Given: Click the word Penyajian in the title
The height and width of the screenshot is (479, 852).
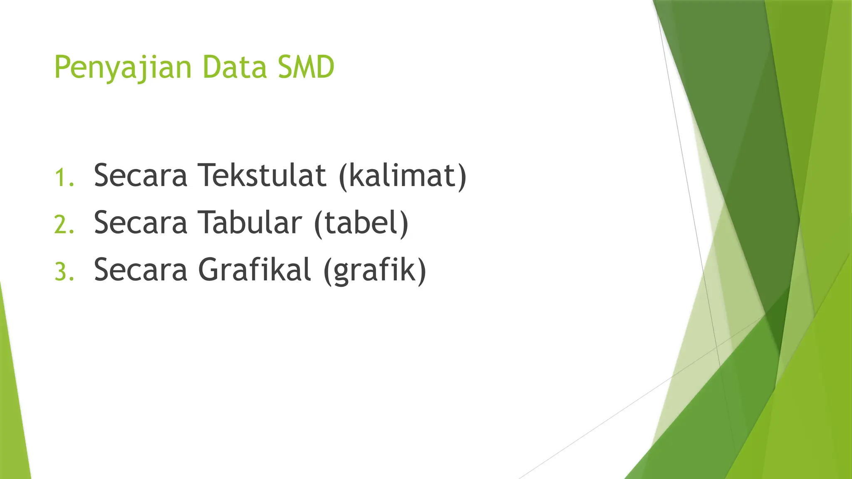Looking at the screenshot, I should click(x=123, y=67).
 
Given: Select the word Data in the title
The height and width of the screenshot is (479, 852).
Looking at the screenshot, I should click(x=234, y=67).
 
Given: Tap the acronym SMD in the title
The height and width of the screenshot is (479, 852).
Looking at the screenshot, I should click(x=306, y=67).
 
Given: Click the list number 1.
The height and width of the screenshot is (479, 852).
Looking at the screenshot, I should click(x=64, y=178).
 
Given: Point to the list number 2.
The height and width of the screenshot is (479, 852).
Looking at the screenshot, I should click(x=64, y=225).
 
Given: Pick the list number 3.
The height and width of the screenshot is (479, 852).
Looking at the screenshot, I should click(x=64, y=272).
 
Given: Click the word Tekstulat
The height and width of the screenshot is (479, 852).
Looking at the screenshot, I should click(x=262, y=175).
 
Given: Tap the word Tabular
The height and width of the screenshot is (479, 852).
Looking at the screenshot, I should click(x=249, y=223).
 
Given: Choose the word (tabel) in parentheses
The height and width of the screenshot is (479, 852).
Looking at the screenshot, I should click(x=361, y=224).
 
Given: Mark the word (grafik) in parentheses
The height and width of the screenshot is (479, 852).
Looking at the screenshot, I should click(x=374, y=271).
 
